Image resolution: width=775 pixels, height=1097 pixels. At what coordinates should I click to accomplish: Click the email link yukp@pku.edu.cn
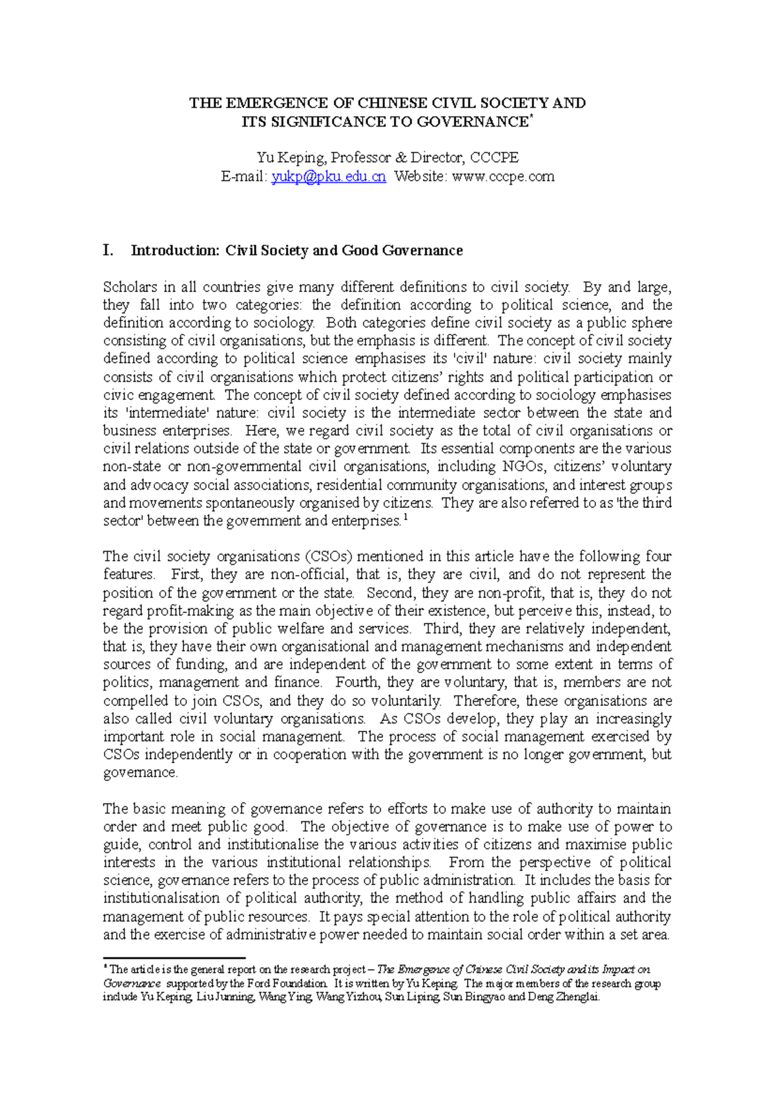click(x=329, y=176)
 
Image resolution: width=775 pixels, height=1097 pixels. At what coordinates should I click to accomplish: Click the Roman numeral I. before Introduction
click(x=108, y=251)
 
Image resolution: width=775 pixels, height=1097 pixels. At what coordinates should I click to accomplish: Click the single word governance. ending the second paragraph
click(x=140, y=773)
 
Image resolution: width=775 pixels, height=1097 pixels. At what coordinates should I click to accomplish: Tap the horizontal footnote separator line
click(x=174, y=958)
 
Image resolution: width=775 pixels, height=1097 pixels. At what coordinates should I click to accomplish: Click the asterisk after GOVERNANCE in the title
click(x=532, y=118)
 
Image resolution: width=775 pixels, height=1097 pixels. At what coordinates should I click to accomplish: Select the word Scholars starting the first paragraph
click(x=130, y=287)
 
